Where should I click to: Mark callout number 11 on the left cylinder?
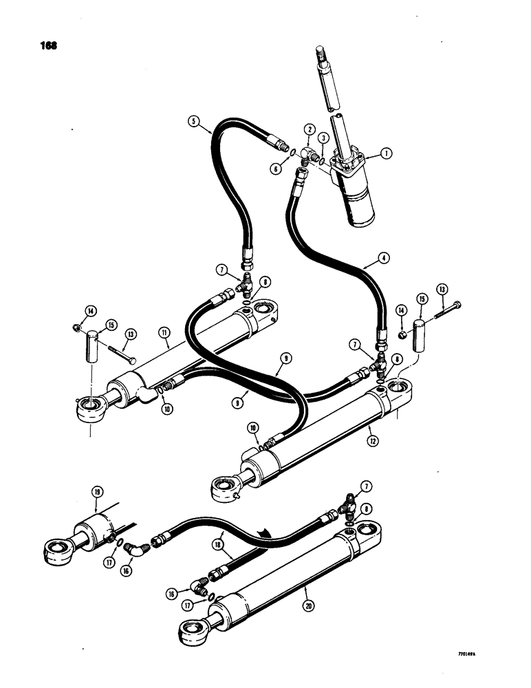[x=165, y=332]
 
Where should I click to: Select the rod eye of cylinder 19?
[x=56, y=550]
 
